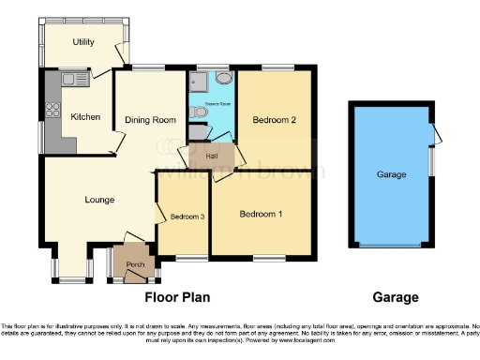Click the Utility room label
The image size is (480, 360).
(x=83, y=42)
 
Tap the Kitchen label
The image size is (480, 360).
(x=85, y=117)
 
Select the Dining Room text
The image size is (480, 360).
(x=150, y=120)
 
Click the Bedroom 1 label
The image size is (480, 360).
(x=260, y=215)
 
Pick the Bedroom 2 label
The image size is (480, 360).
(x=274, y=120)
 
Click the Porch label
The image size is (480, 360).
(x=133, y=264)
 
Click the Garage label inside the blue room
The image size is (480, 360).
(x=391, y=175)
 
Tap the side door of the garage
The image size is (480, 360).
(x=434, y=134)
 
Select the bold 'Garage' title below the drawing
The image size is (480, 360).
(x=395, y=298)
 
